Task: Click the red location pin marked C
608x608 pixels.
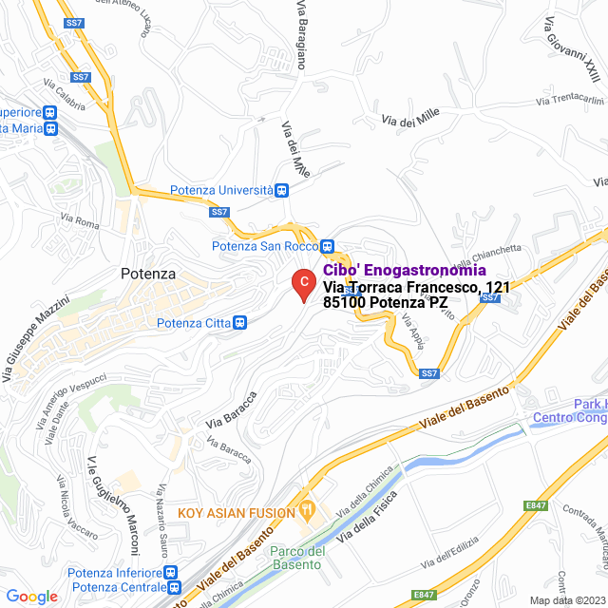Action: pos(302,283)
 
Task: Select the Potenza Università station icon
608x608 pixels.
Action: pos(282,189)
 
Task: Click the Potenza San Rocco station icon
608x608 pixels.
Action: pos(327,245)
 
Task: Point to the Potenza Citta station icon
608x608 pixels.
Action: pos(240,323)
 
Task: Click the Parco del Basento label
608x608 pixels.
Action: pos(297,560)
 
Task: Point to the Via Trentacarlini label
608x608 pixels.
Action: pos(570,100)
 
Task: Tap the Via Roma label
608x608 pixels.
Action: pos(79,223)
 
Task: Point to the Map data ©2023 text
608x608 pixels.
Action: pos(566,599)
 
